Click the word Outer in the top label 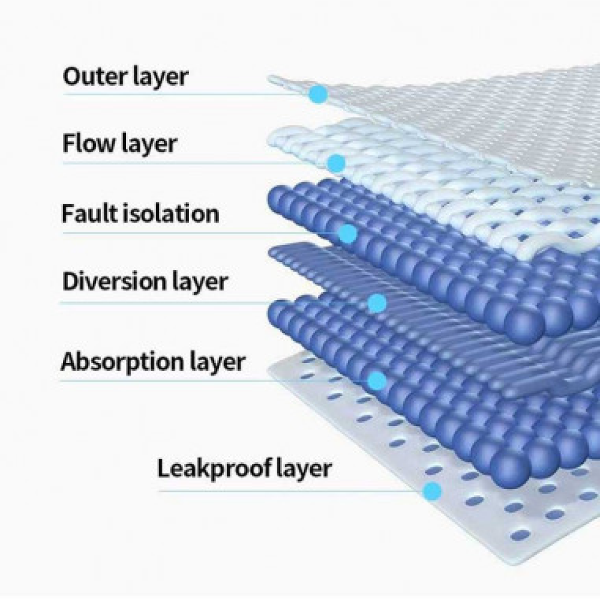pos(95,77)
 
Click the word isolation pos(171,214)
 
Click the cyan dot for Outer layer pos(318,94)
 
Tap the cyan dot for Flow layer pos(337,163)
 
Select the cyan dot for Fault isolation pos(348,233)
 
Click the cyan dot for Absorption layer pos(377,380)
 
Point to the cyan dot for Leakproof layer pos(432,491)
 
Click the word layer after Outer pos(161,77)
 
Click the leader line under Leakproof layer pos(291,491)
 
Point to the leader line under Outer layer pos(186,94)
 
